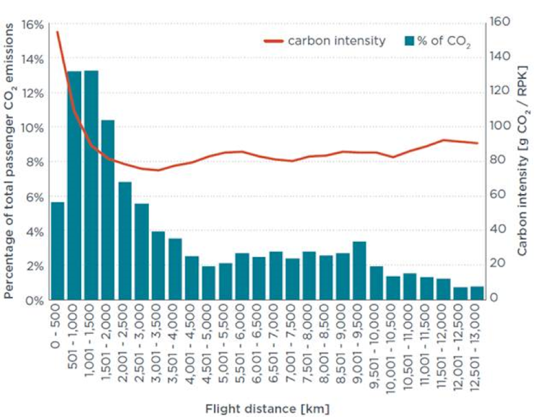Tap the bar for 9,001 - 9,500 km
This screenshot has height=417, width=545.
click(x=359, y=270)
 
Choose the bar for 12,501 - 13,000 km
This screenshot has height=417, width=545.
click(x=477, y=293)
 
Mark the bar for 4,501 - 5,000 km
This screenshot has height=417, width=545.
click(x=209, y=283)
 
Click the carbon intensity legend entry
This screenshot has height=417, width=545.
click(x=325, y=40)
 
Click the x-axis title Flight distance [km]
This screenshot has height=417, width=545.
click(x=268, y=408)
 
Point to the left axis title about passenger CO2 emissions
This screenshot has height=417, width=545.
click(x=9, y=161)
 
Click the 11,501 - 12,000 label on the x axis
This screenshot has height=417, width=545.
click(x=444, y=347)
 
